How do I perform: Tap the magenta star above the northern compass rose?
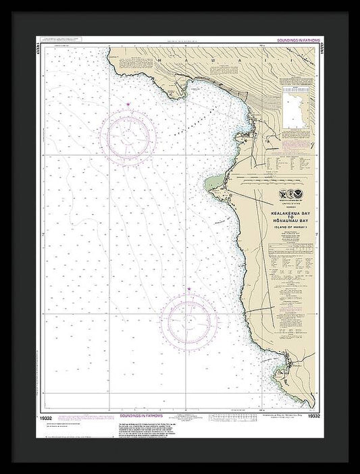pyautogui.click(x=129, y=103)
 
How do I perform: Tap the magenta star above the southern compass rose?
pyautogui.click(x=188, y=290)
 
